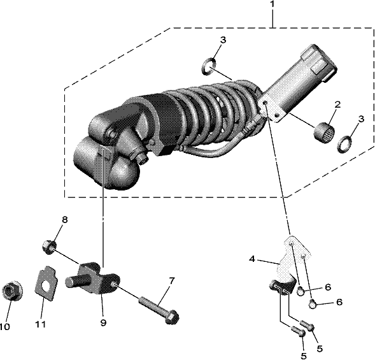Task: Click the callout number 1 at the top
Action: click(272, 4)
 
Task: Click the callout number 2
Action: click(337, 104)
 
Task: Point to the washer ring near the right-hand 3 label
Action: click(344, 143)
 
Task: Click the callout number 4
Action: click(252, 259)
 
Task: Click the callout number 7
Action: click(172, 281)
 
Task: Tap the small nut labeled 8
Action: click(49, 248)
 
